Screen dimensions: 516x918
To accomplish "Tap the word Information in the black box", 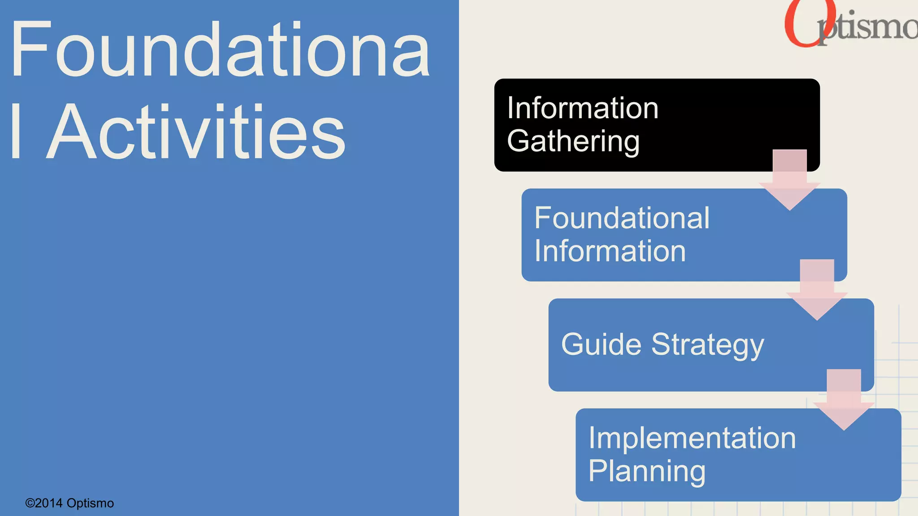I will coord(582,108).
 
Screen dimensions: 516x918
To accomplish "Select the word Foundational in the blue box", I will coord(622,218).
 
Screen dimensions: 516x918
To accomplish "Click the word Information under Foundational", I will coord(610,251).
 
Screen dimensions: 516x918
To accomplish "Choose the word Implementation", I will coord(692,438).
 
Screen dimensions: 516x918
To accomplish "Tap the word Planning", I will coord(647,471).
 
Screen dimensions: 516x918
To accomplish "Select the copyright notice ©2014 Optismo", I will coord(69,503).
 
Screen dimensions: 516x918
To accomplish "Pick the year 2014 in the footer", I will coord(49,503).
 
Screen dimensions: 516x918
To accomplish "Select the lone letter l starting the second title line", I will coord(16,132).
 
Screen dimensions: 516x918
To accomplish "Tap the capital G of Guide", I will coord(573,344).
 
